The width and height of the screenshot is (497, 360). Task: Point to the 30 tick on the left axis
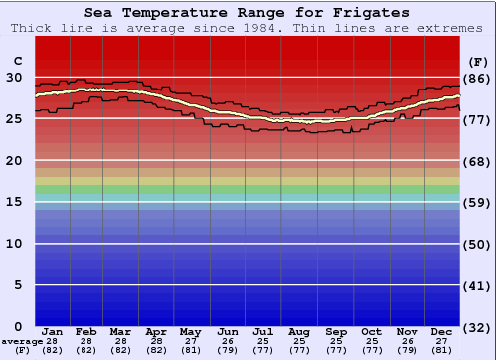coord(15,77)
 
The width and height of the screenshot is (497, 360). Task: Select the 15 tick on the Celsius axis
coord(15,202)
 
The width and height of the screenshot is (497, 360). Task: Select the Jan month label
coord(53,332)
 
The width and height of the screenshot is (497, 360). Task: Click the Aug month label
coord(300,332)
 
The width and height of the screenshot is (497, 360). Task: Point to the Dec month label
coord(442,332)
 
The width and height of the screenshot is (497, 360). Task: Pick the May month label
coord(191,332)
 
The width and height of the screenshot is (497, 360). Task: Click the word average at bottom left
coord(22,341)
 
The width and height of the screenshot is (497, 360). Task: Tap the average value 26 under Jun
coord(228,341)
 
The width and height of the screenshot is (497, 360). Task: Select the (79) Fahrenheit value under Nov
coord(407,350)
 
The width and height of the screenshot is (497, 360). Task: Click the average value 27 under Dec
coord(442,341)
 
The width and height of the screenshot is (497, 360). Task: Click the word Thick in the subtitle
coord(32,28)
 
